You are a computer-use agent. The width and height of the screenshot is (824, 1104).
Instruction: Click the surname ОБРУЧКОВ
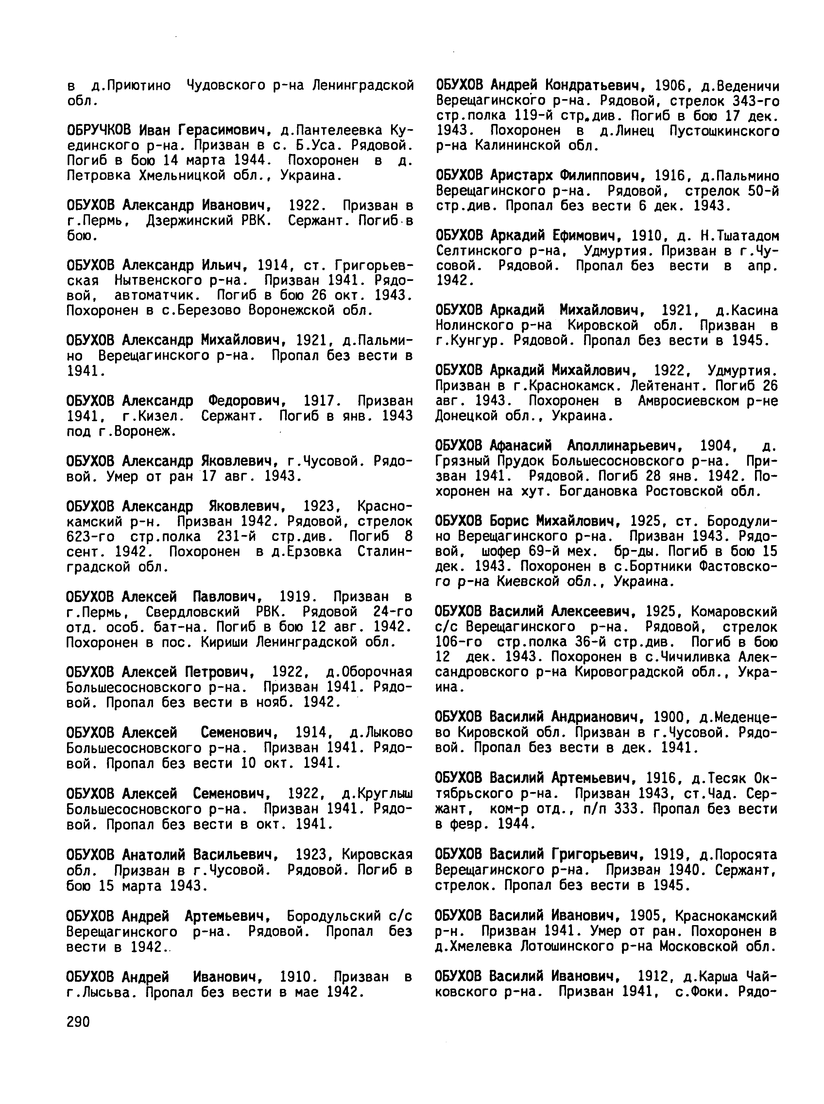point(99,130)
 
